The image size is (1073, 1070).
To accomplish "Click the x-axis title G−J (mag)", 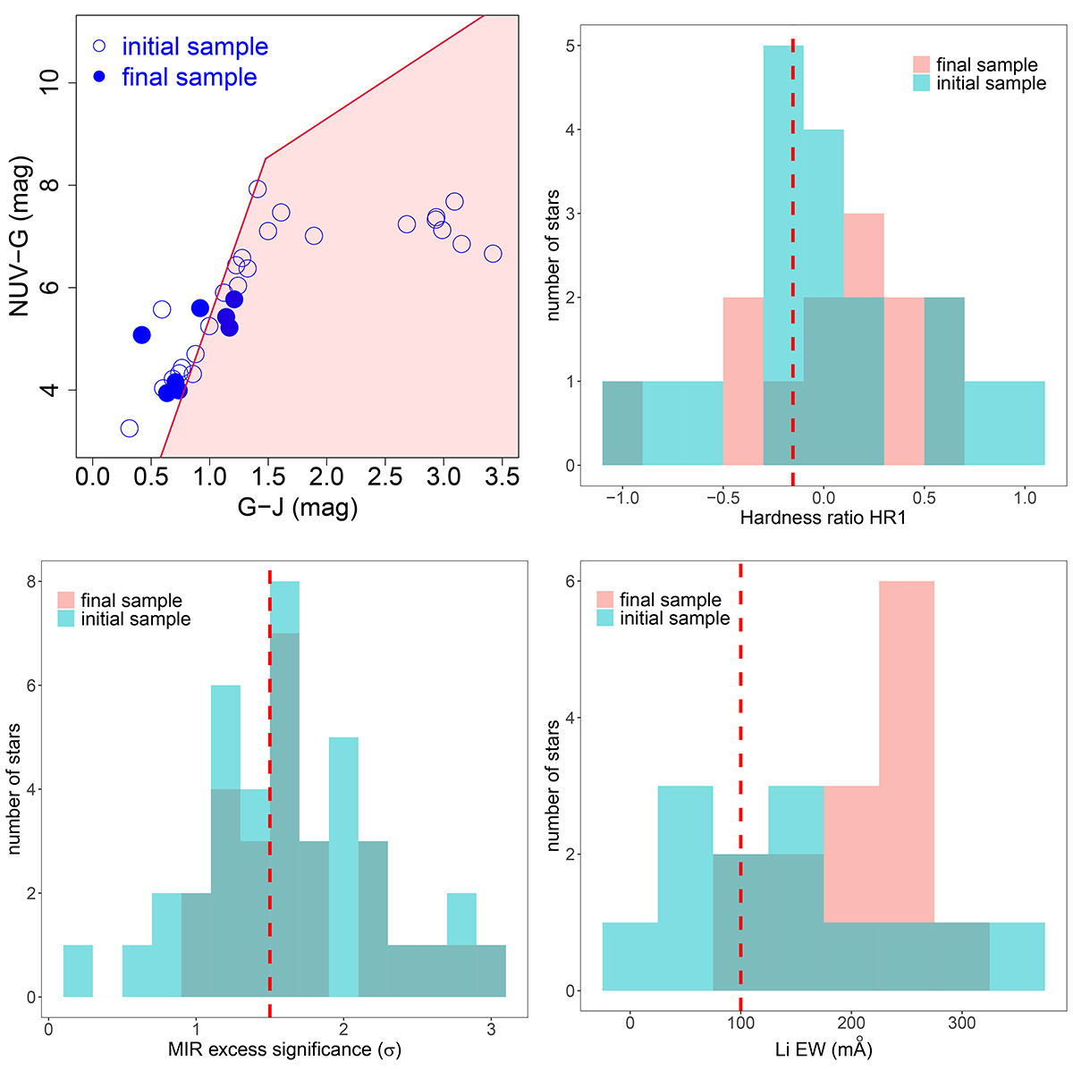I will coord(298,508).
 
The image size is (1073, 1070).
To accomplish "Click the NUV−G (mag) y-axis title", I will coord(21,237).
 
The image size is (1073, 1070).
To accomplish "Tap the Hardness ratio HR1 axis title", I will coord(823,518).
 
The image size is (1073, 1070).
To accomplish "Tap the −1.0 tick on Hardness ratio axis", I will coord(622,498).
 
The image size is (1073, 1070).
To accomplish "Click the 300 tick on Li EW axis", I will coord(962,1023).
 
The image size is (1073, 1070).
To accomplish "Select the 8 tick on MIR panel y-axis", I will coord(30,582).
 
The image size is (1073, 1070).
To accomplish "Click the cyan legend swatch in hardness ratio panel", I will coord(922,83).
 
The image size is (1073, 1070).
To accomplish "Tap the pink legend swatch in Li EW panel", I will coord(605,600).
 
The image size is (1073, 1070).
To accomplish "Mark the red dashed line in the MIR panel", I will coord(270,805).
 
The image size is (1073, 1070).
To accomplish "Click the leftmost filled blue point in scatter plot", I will coord(141,335).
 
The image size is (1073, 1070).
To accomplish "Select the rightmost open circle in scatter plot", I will coord(493,254).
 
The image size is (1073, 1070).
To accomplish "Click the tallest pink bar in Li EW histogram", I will coord(907,760).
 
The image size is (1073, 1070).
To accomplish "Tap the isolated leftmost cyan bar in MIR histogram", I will coord(78,971).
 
